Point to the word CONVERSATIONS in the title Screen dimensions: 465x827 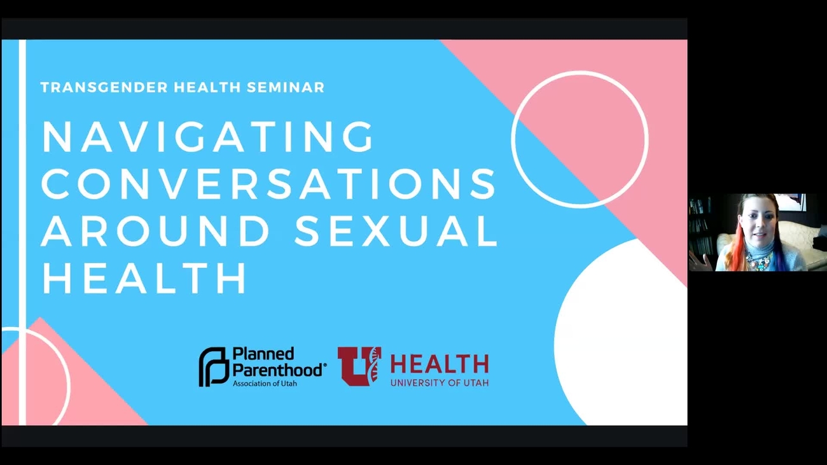(x=268, y=184)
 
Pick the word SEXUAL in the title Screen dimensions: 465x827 (x=396, y=232)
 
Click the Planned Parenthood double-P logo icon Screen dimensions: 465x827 (x=213, y=366)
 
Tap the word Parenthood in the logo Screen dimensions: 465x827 (x=279, y=370)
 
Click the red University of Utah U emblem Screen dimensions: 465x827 (x=359, y=366)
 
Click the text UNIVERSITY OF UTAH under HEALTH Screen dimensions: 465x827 (x=439, y=383)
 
